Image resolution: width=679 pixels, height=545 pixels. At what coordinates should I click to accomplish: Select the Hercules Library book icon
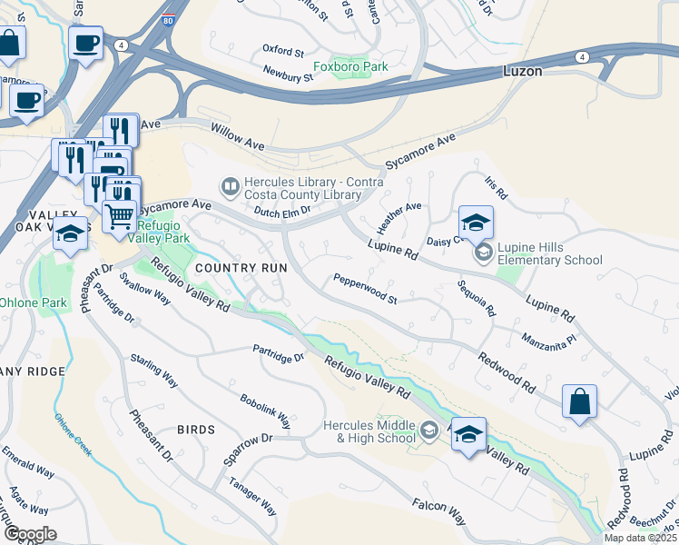(x=231, y=186)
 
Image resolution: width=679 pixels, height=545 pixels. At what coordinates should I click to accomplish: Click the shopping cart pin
(x=120, y=216)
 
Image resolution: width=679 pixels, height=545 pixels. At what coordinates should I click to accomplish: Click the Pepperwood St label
(x=365, y=288)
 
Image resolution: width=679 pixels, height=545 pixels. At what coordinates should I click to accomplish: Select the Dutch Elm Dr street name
(x=282, y=210)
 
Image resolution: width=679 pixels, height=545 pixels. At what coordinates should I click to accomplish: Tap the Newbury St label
(x=288, y=73)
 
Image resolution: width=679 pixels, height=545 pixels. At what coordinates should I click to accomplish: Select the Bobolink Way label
(x=265, y=411)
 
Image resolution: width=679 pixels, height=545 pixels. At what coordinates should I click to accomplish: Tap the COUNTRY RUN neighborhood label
(x=241, y=268)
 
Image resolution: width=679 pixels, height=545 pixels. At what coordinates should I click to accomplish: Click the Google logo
(x=29, y=534)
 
